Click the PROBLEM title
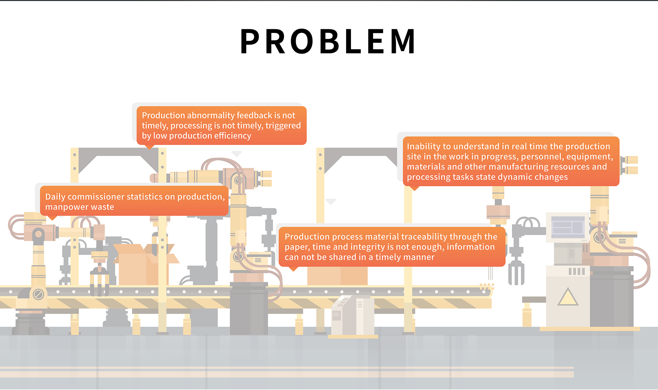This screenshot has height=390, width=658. click(328, 41)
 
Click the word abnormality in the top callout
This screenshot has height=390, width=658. click(211, 116)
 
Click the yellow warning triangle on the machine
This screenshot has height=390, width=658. click(568, 297)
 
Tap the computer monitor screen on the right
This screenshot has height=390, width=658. click(568, 227)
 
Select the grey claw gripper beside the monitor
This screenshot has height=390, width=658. click(516, 272)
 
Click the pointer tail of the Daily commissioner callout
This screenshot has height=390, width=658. click(52, 218)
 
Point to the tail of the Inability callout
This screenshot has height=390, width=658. click(415, 188)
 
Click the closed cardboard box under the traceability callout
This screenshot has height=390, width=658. click(337, 276)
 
